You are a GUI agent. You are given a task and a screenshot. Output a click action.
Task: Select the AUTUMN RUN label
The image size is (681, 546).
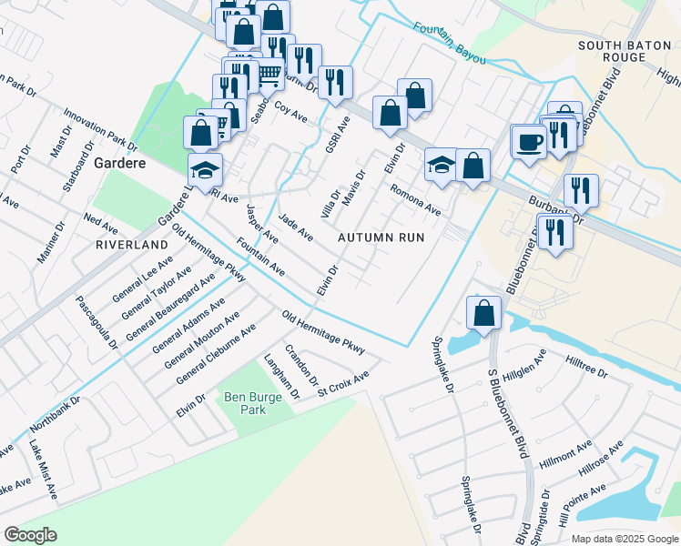point(381,237)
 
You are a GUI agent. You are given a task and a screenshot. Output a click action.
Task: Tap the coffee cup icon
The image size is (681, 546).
point(528,141)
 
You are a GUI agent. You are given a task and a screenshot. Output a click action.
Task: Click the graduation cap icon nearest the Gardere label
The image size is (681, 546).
point(205,169)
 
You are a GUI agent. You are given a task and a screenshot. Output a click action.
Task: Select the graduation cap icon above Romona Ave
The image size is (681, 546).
point(442,165)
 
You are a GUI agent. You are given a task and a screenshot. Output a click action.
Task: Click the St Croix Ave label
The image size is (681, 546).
point(343,384)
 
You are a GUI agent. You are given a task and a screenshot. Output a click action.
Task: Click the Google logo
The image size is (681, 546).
point(31,535)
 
